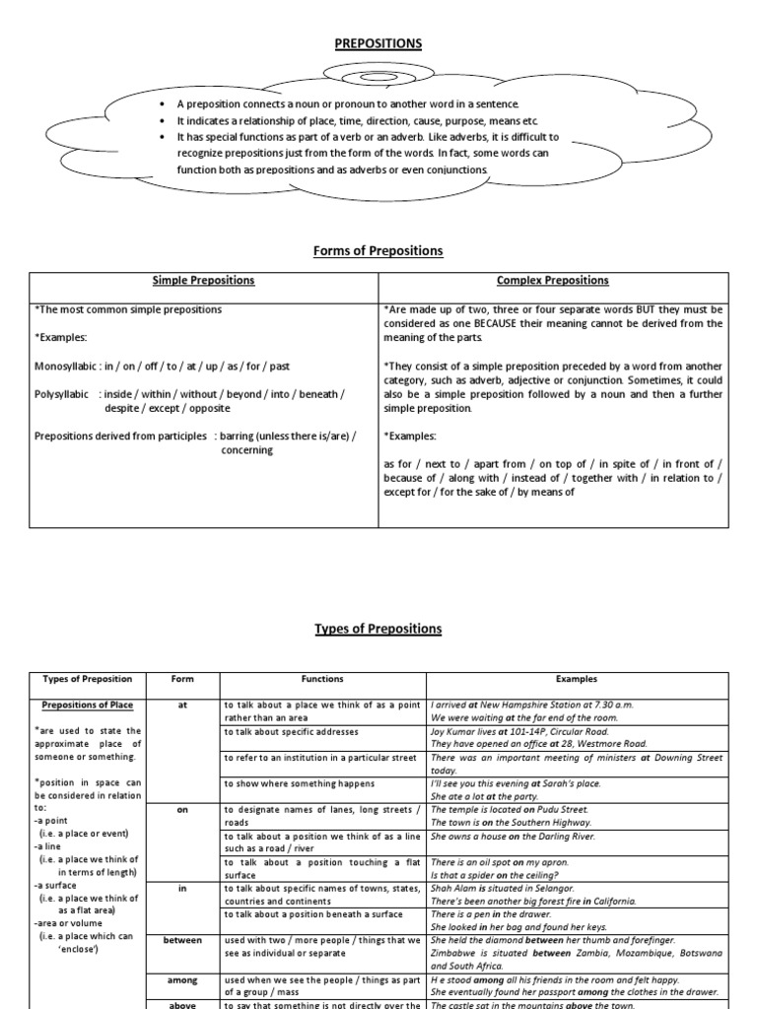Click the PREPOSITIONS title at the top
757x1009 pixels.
(x=378, y=43)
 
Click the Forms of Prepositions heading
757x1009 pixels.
(x=378, y=250)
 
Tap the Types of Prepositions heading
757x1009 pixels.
(x=378, y=629)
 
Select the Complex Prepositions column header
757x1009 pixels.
(x=553, y=281)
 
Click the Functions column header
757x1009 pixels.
(x=322, y=679)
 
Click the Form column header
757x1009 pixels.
(x=182, y=679)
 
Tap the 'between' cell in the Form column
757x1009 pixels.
(x=182, y=941)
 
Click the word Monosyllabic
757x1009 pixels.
(x=66, y=366)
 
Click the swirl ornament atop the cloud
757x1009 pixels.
(x=378, y=78)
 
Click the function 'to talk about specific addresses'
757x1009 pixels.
(x=291, y=732)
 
